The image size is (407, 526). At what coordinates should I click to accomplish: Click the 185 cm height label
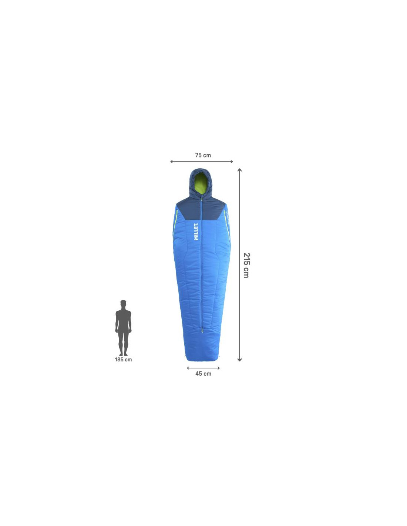tap(123, 360)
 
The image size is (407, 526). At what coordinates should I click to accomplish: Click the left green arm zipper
tap(175, 222)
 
